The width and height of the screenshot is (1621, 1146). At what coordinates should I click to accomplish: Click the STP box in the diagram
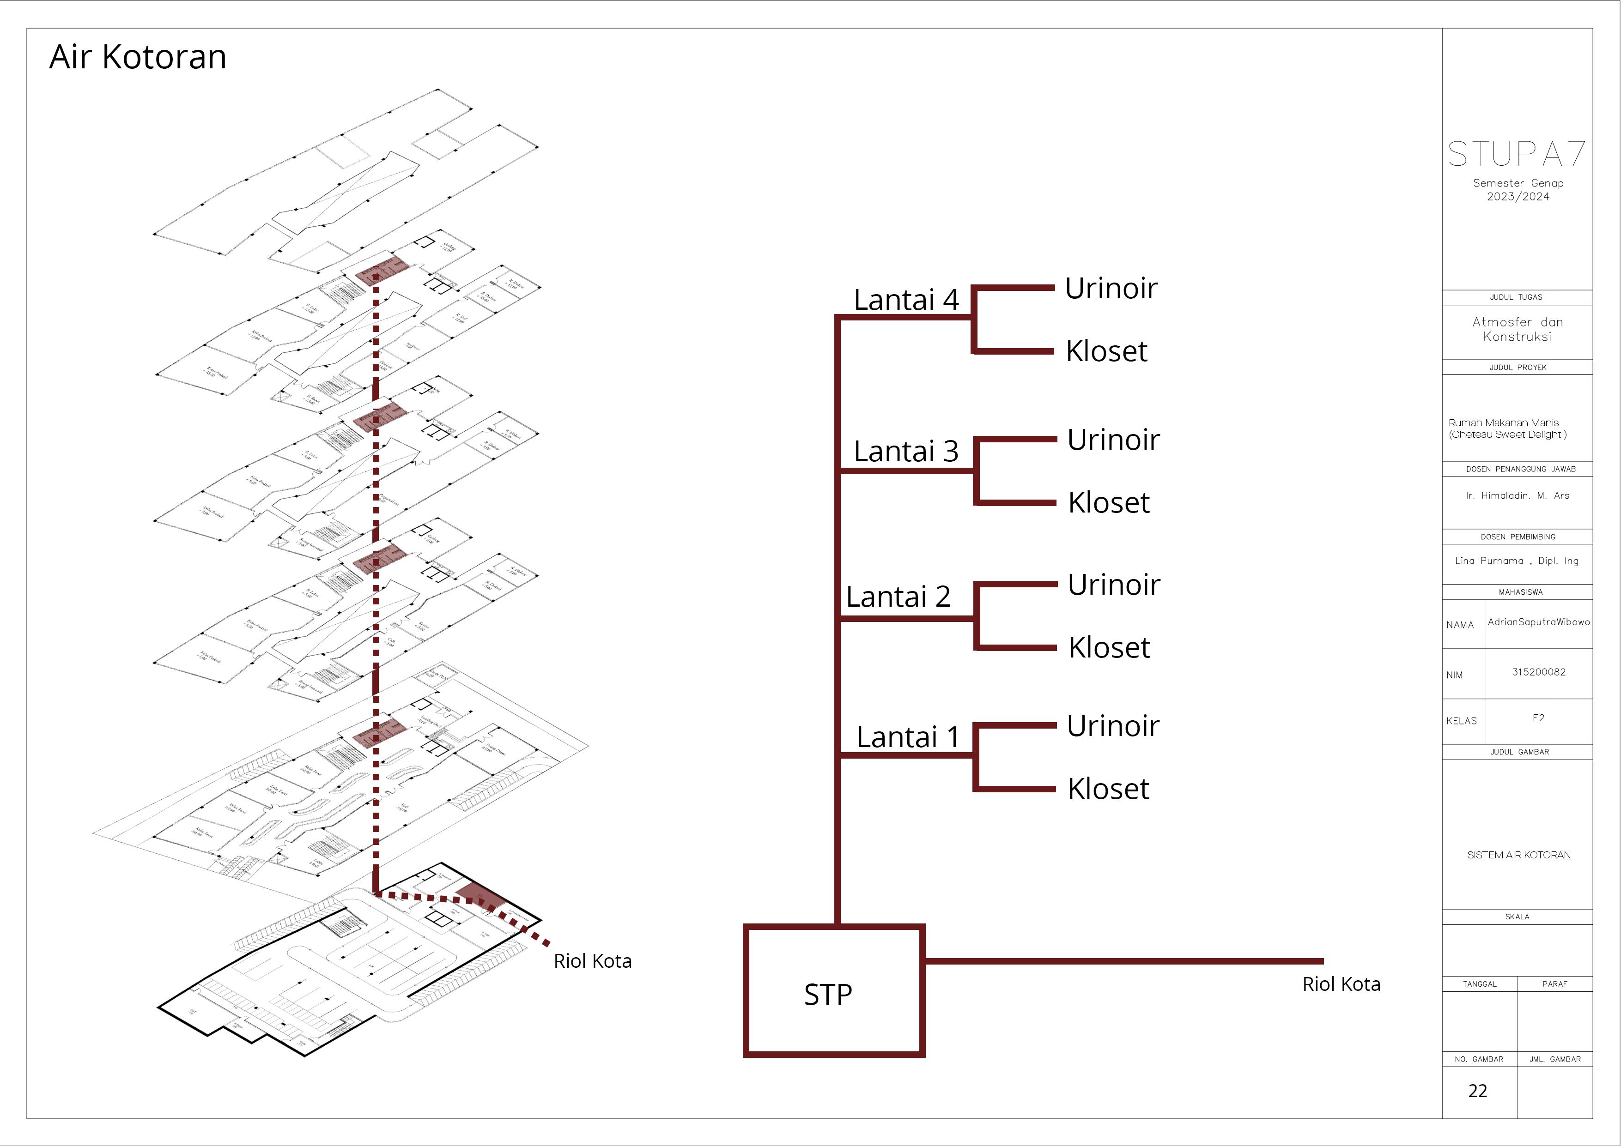tap(834, 991)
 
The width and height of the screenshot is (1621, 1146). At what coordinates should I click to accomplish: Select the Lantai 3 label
tap(906, 451)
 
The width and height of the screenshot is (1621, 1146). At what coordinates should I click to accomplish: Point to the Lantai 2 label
tap(898, 597)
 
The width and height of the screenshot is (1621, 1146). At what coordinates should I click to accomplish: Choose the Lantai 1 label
tap(908, 737)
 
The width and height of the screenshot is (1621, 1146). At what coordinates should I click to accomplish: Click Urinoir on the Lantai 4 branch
tap(1111, 288)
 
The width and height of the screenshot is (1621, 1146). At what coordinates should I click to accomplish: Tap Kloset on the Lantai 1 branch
tap(1108, 789)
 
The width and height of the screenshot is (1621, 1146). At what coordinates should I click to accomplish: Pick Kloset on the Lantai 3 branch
tap(1108, 502)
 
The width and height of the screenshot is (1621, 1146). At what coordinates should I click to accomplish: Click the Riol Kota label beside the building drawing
tap(592, 961)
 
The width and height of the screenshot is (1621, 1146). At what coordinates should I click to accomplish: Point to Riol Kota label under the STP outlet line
tap(1341, 984)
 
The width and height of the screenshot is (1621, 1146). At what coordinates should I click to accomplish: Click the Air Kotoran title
tap(138, 57)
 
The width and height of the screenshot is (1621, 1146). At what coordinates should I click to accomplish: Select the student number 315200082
tap(1538, 672)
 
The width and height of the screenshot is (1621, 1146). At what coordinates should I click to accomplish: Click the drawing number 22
tap(1478, 1091)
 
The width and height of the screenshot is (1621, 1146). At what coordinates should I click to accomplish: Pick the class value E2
tap(1538, 718)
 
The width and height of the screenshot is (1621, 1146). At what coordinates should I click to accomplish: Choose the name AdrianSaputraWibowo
tap(1538, 621)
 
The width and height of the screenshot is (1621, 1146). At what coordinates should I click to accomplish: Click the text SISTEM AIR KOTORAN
tap(1518, 855)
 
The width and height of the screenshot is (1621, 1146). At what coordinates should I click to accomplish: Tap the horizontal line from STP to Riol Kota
tap(1123, 960)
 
